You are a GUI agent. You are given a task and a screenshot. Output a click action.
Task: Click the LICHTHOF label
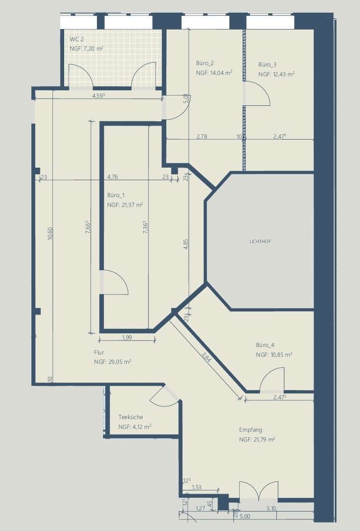(260, 242)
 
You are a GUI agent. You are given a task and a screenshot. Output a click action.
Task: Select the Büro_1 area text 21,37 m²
(125, 205)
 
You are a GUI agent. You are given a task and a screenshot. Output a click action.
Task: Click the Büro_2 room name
(205, 63)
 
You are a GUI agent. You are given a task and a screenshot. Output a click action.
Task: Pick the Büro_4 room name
(265, 345)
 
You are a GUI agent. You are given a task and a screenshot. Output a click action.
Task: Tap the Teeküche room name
(131, 417)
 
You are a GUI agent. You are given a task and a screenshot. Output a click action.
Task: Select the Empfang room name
(250, 430)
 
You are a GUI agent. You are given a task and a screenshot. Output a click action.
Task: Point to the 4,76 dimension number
(112, 177)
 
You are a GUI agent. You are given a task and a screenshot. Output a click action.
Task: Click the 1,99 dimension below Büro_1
(127, 337)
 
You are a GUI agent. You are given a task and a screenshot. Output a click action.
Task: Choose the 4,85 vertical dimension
(185, 245)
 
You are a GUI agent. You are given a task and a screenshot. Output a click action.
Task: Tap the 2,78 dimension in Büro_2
(202, 137)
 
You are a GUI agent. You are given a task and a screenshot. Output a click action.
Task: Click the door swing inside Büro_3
(257, 93)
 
